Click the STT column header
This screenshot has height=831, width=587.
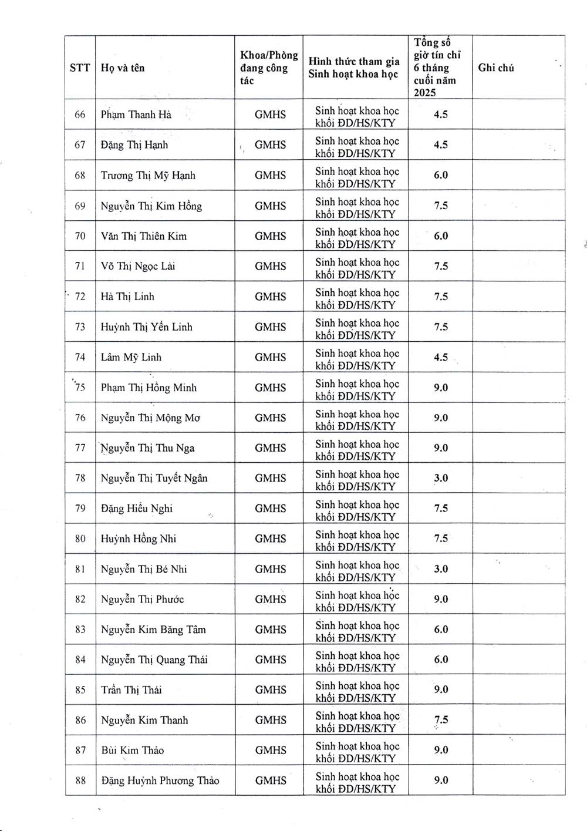coord(80,68)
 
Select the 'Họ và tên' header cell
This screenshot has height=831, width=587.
coord(123,68)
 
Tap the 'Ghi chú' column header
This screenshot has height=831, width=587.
coord(496,68)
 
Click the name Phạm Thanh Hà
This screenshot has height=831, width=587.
coord(136,115)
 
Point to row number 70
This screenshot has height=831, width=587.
coord(80,236)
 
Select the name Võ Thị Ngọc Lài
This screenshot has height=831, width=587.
coord(138,266)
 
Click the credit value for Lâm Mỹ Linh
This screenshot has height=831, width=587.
coord(441,357)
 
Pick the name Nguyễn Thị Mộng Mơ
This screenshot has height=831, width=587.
coord(150,418)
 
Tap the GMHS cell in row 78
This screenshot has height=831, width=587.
coord(270,478)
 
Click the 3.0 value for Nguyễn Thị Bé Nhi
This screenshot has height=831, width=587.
coord(441,568)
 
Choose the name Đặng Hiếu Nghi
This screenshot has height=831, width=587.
coord(137,508)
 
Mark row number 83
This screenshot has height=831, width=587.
coord(80,630)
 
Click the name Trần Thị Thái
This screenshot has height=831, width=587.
coord(131,689)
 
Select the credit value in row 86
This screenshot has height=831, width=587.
coord(441,720)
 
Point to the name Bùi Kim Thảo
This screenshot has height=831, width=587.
coord(132,750)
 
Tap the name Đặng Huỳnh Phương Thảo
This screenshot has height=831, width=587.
coord(160,780)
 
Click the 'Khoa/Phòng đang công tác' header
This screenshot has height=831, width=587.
coord(269,68)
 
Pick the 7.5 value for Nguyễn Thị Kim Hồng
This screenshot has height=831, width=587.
coord(441,206)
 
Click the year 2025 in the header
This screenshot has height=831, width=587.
coord(425,93)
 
